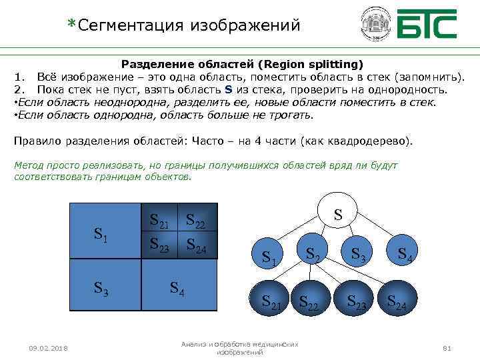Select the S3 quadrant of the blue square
pyautogui.click(x=105, y=288)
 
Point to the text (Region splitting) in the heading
pyautogui.click(x=313, y=65)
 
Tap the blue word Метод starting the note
pyautogui.click(x=28, y=165)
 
